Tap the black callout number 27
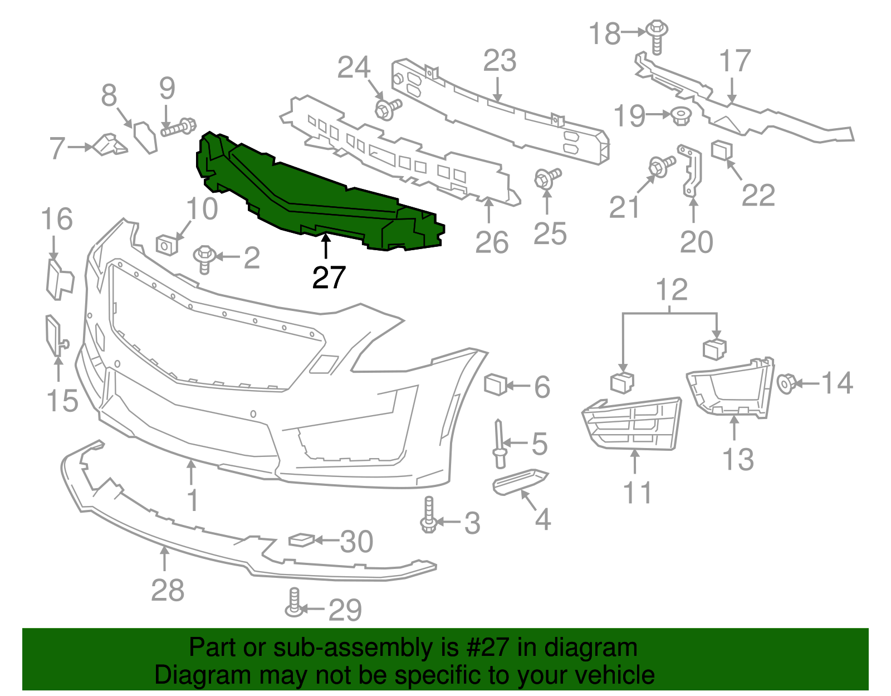[329, 277]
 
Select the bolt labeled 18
[657, 36]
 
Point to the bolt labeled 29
[294, 603]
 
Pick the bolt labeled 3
[428, 515]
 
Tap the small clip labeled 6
[495, 384]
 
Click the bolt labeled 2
[204, 259]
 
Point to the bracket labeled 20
[691, 171]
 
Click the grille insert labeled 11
[632, 424]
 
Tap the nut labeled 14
[786, 383]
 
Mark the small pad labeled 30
[301, 539]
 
